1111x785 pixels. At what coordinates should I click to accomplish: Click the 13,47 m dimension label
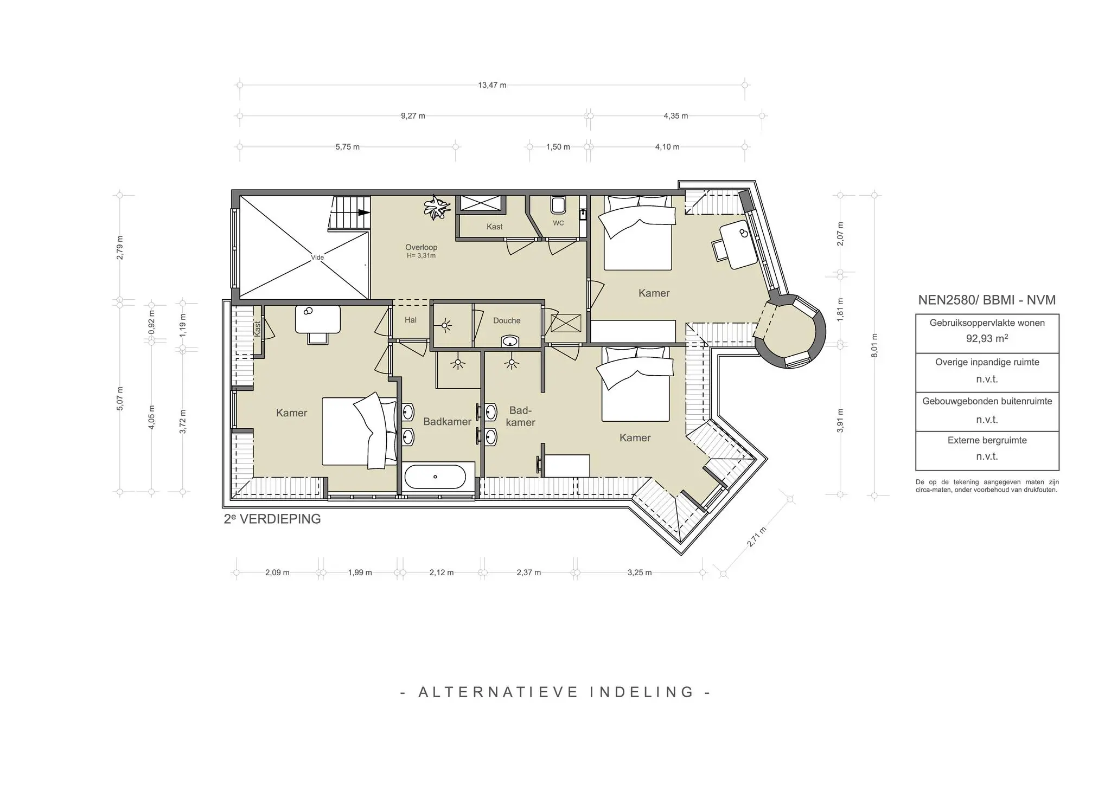[x=492, y=85]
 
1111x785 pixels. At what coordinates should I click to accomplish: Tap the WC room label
[x=558, y=223]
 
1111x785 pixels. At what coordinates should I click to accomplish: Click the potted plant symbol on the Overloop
[x=437, y=207]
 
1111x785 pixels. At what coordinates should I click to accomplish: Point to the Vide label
[x=317, y=258]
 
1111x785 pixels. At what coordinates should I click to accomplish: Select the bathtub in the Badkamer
[x=435, y=477]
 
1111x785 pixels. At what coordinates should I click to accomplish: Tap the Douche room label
[x=507, y=320]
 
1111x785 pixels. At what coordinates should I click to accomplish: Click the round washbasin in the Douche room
[x=509, y=342]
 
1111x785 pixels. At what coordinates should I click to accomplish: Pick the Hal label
[x=411, y=320]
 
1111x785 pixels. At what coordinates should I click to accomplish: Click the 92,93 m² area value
[x=987, y=339]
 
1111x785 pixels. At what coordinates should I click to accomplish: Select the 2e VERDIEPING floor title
[x=272, y=519]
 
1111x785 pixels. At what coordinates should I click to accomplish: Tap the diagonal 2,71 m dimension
[x=757, y=537]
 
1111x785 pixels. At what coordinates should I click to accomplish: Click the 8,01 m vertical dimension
[x=874, y=345]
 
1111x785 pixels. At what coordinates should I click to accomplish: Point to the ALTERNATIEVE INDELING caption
[x=555, y=692]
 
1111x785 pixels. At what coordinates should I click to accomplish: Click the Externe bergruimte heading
[x=987, y=440]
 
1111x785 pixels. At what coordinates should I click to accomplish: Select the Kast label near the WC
[x=494, y=227]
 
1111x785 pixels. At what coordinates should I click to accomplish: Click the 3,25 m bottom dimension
[x=640, y=572]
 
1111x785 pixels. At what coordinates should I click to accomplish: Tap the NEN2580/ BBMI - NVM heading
[x=987, y=300]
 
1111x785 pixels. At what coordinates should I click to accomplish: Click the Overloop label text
[x=421, y=247]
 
